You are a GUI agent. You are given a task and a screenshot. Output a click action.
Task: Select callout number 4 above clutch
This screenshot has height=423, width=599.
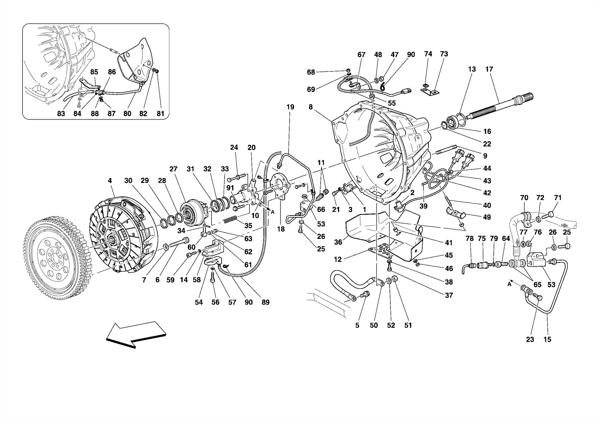pyautogui.click(x=110, y=181)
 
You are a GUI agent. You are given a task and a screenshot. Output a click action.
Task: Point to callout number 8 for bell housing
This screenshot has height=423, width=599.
pyautogui.click(x=311, y=107)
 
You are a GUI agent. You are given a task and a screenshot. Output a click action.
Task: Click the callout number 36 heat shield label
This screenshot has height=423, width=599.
pyautogui.click(x=338, y=242)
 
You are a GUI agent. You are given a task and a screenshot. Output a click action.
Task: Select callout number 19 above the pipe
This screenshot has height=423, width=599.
pyautogui.click(x=290, y=107)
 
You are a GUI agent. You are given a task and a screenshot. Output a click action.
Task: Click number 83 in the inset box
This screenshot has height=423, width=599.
pyautogui.click(x=61, y=114)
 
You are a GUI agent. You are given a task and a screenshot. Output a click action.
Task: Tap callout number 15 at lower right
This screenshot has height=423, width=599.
pyautogui.click(x=547, y=339)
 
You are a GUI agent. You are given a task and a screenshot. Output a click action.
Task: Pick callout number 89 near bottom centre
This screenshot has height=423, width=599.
pyautogui.click(x=265, y=302)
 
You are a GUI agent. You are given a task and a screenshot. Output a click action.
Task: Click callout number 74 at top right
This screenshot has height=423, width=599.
pyautogui.click(x=428, y=54)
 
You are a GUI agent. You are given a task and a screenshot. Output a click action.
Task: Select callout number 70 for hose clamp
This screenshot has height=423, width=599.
pyautogui.click(x=524, y=198)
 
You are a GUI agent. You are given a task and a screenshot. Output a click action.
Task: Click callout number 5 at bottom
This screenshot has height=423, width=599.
pyautogui.click(x=357, y=325)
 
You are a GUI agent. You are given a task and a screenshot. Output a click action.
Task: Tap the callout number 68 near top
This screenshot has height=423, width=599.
pyautogui.click(x=311, y=72)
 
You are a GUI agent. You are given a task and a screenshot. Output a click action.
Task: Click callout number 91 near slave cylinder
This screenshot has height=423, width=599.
pyautogui.click(x=230, y=188)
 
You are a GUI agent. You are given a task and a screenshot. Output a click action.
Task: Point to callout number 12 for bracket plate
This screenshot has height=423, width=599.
pyautogui.click(x=338, y=259)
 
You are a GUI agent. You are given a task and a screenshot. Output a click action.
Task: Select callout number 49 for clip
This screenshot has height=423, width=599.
pyautogui.click(x=487, y=217)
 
